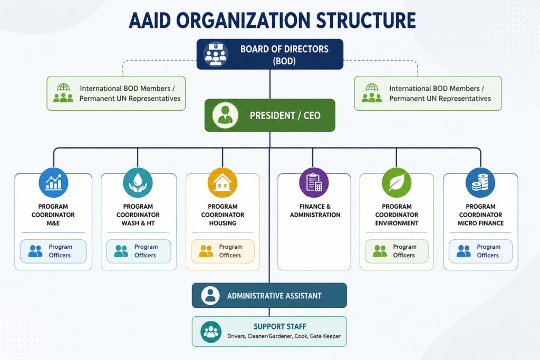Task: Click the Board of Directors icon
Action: pos(216,54)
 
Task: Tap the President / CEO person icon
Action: pos(225,115)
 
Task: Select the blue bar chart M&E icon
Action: pos(53,182)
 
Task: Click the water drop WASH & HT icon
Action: pos(138,182)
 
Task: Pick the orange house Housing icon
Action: pos(223,182)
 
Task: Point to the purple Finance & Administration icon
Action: pos(314,182)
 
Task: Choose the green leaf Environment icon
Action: pos(397,182)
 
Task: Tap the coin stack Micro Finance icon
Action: pos(480,182)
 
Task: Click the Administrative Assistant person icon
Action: pos(210,295)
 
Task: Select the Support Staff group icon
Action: pos(211,332)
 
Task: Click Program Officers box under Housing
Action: pos(223,251)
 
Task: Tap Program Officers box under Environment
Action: pos(397,251)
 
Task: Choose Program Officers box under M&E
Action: pos(53,251)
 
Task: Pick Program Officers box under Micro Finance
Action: pos(480,251)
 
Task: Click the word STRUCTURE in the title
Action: pos(366,21)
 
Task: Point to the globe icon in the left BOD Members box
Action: pos(63,87)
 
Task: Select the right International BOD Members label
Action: pos(440,93)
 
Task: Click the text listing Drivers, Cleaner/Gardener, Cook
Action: pos(284,336)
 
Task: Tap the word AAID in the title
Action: pos(150,21)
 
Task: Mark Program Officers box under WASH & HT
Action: pos(139,251)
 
